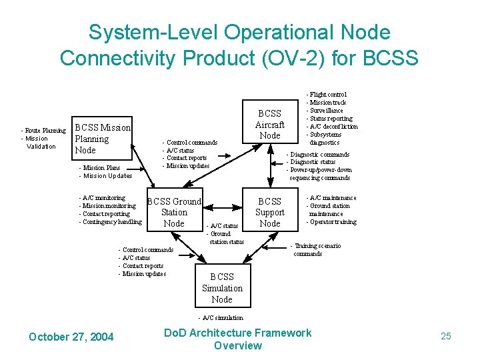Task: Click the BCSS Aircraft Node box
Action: [x=269, y=124]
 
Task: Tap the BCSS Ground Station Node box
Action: [x=174, y=212]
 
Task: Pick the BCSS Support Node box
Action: [x=269, y=212]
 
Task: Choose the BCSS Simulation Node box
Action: [x=222, y=288]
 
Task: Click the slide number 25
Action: [x=446, y=336]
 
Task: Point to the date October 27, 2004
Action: [x=71, y=337]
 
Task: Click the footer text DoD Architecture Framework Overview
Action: [x=238, y=339]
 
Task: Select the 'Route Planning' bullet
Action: [x=44, y=131]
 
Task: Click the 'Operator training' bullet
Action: [x=331, y=222]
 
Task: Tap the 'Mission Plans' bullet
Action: [x=100, y=168]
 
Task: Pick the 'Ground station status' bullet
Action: [x=226, y=237]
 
